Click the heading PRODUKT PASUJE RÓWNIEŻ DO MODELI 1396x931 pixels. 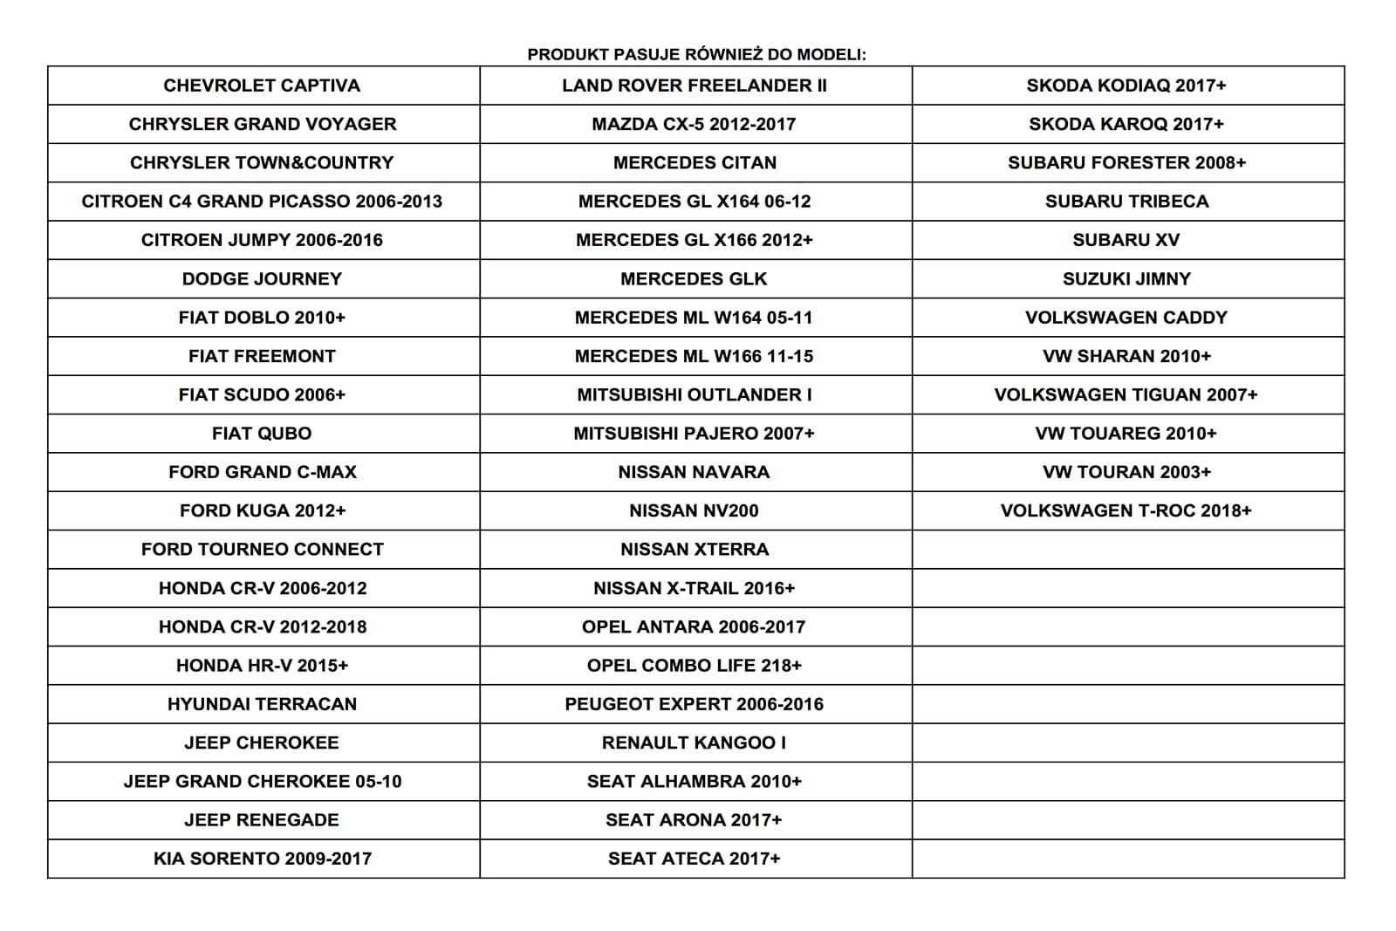point(696,54)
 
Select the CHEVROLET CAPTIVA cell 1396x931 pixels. point(262,86)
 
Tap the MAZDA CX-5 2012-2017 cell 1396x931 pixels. point(694,124)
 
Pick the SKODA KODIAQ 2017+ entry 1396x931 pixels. point(1126,86)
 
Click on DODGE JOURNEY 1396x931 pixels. point(262,279)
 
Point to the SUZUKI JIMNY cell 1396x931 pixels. point(1126,279)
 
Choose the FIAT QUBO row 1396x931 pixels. point(262,434)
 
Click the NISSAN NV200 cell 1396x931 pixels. point(694,510)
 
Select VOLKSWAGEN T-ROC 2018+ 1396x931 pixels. point(1126,510)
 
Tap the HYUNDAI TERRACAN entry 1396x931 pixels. point(262,704)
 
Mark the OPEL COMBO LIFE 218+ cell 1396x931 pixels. point(694,666)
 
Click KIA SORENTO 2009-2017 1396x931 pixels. point(262,859)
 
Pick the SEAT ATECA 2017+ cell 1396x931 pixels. point(694,859)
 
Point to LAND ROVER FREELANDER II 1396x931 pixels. point(694,86)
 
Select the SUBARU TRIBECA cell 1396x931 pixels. point(1126,202)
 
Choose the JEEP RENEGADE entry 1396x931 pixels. point(262,820)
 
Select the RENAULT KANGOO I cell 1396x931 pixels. point(694,743)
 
